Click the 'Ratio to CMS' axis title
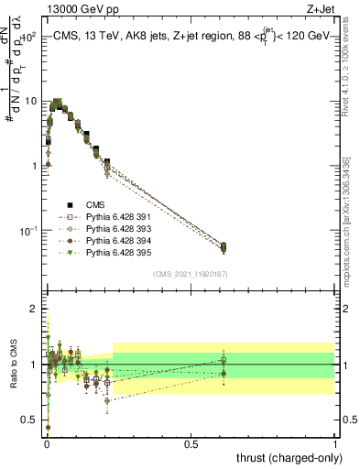[14, 366]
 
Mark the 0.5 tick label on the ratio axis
[31, 420]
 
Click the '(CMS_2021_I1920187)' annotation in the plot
[191, 275]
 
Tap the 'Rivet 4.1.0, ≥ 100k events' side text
[346, 73]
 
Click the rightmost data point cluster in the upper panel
[224, 246]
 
